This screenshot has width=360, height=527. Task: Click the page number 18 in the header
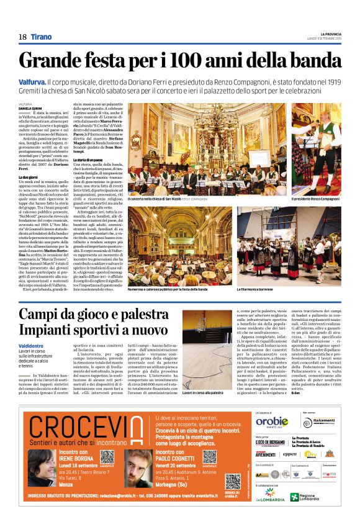22,37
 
